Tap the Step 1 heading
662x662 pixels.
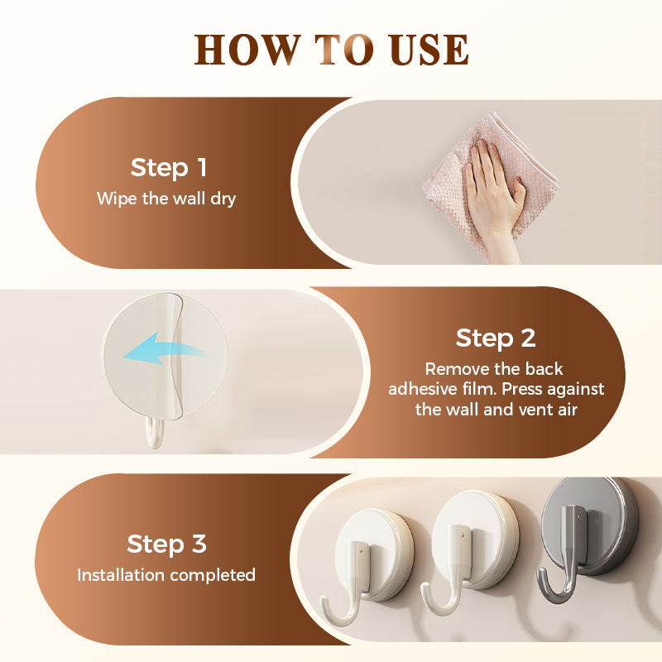click(x=169, y=168)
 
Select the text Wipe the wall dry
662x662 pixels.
click(x=166, y=199)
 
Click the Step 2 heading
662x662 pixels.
click(x=496, y=338)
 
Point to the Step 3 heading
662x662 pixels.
click(x=166, y=544)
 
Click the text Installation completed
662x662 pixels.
click(x=166, y=574)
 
